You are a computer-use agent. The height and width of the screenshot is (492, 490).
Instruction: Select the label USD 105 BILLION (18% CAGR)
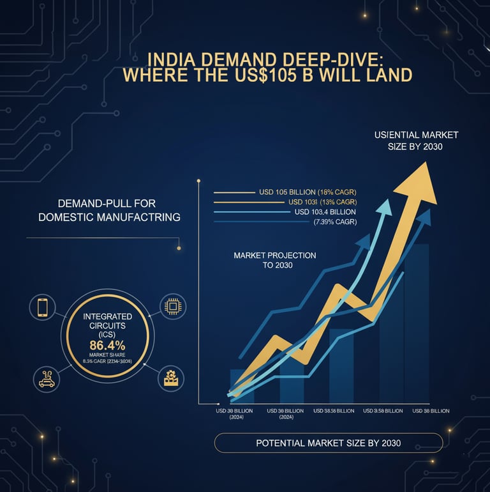[x=307, y=192]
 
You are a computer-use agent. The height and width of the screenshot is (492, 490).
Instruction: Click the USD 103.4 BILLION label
[x=325, y=211]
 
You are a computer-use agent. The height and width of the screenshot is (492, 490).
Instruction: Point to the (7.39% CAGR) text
[x=335, y=222]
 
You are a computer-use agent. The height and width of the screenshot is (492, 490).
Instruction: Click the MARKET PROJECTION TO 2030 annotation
[x=274, y=259]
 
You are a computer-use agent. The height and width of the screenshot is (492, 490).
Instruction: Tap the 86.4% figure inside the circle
[x=107, y=346]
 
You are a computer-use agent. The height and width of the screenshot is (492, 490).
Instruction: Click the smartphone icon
[x=43, y=308]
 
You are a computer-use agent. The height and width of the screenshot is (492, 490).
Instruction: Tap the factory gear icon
[x=170, y=378]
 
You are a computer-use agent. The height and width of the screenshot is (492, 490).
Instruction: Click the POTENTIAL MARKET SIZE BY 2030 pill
[x=328, y=443]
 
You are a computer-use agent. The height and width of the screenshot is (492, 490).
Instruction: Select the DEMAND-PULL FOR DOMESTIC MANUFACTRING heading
[x=109, y=210]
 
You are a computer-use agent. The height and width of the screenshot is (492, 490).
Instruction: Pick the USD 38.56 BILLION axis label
[x=334, y=411]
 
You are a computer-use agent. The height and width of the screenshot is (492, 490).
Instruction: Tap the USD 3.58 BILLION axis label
[x=383, y=411]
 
